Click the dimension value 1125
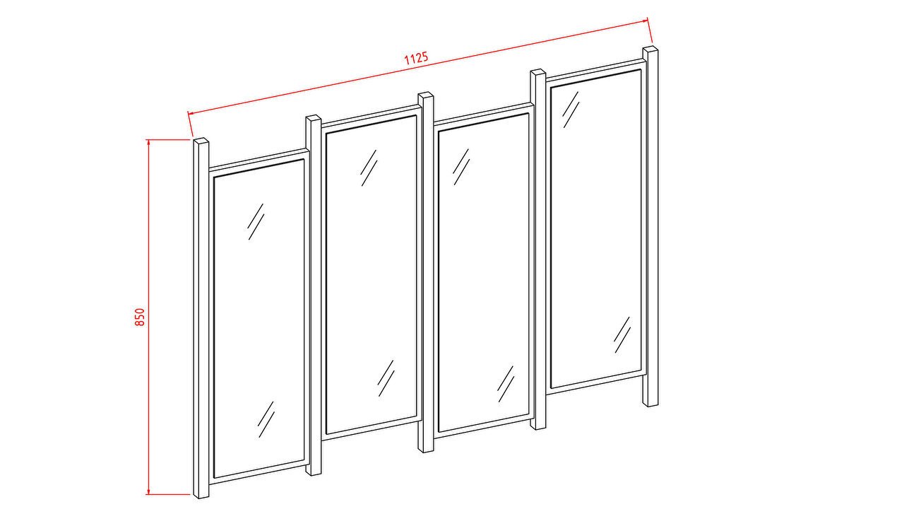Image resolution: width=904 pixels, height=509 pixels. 416,58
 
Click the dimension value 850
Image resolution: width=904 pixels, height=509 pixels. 139,317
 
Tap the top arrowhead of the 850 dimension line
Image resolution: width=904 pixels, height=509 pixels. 148,142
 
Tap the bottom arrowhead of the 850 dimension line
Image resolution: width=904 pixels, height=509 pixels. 148,491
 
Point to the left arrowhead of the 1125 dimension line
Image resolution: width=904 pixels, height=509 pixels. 191,114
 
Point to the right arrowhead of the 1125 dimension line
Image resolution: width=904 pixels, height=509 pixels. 645,21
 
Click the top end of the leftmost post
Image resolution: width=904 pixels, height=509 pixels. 201,141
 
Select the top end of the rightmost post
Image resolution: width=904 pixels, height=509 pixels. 650,49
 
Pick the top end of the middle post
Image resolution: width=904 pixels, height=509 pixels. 426,95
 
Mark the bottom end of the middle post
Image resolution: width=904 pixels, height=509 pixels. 426,450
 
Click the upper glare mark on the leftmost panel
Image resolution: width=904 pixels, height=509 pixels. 256,221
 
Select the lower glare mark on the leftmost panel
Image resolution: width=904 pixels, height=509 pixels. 266,419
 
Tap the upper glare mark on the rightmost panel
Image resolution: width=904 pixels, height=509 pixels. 571,110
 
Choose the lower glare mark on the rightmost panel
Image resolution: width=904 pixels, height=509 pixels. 622,334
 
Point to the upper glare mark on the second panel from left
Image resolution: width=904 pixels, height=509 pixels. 369,168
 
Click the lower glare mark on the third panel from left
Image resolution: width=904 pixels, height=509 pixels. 506,384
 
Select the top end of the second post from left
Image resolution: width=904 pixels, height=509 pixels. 313,118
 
